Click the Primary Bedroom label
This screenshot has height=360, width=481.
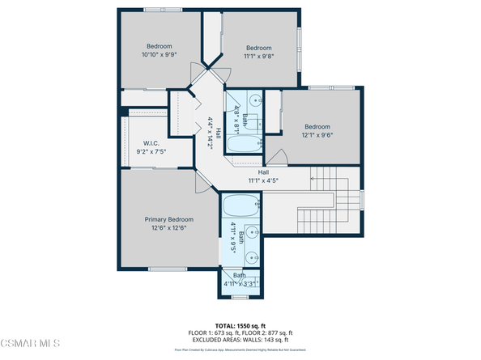(x=169, y=219)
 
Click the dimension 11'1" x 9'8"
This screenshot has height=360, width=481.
(x=258, y=57)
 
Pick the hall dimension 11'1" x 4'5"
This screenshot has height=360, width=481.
(x=263, y=181)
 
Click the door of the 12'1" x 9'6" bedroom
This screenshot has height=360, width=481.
(x=277, y=156)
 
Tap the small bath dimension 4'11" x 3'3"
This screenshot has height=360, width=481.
(x=240, y=284)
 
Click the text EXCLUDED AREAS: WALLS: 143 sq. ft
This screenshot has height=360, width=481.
(x=240, y=339)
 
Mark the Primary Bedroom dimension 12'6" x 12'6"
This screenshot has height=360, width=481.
(x=169, y=229)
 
